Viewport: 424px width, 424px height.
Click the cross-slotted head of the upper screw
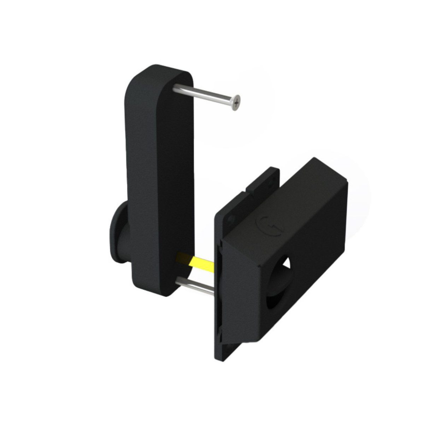pos(236,103)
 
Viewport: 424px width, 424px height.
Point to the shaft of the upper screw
pos(205,95)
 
